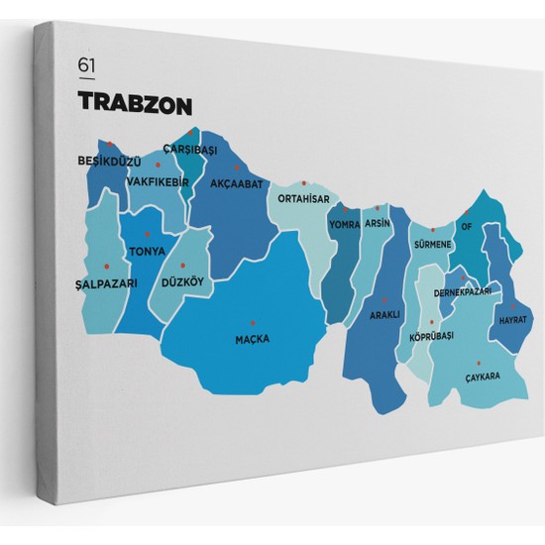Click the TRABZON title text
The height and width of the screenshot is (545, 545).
pos(135,103)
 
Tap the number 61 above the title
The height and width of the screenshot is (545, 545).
pos(87,66)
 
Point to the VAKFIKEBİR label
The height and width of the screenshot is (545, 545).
pos(159,181)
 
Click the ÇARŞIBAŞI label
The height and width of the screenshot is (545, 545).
pos(190,150)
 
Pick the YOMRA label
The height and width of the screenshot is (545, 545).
pos(345,224)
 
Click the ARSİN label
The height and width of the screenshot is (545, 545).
pos(378,223)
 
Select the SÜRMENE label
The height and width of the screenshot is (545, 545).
pos(433,244)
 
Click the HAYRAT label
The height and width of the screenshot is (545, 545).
pos(513,321)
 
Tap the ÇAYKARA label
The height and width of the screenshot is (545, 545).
pos(483,377)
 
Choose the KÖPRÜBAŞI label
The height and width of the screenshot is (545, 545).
pos(431,337)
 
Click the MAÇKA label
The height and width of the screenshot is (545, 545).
pos(252,339)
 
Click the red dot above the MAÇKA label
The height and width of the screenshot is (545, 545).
pos(252,322)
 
